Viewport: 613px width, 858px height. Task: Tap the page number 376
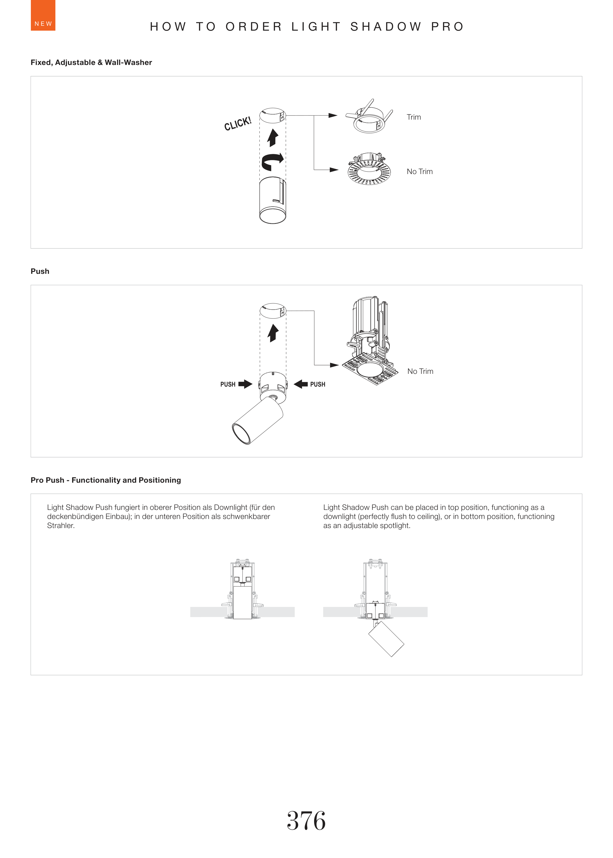pyautogui.click(x=306, y=821)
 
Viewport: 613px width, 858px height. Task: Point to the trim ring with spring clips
pyautogui.click(x=369, y=117)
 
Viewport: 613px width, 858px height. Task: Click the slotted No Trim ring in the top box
pyautogui.click(x=369, y=170)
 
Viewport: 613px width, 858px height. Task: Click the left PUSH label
pyautogui.click(x=228, y=384)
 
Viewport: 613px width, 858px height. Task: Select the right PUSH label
pyautogui.click(x=318, y=384)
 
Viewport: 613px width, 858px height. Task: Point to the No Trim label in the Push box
pyautogui.click(x=420, y=372)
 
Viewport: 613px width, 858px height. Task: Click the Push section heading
pyautogui.click(x=40, y=271)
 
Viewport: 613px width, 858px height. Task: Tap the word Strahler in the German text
pyautogui.click(x=60, y=526)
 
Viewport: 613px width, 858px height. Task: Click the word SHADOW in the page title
pyautogui.click(x=386, y=27)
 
